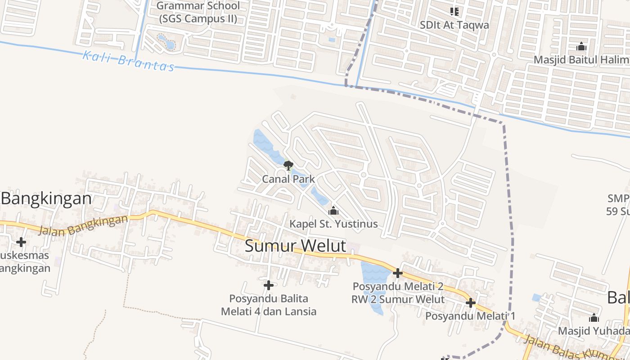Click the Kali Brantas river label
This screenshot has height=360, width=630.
click(129, 61)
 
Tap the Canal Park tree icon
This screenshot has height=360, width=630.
click(288, 166)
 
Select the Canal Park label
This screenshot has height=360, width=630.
click(288, 179)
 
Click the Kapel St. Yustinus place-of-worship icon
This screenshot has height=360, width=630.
click(333, 211)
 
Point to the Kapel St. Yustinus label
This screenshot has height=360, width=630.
click(333, 224)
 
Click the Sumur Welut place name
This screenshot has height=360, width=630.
click(296, 246)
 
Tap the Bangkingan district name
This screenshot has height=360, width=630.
click(46, 198)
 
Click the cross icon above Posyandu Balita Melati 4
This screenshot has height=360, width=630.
click(269, 285)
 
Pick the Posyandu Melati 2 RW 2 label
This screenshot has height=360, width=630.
click(398, 293)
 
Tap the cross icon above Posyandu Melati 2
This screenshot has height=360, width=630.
click(397, 273)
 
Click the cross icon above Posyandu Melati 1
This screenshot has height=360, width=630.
click(471, 303)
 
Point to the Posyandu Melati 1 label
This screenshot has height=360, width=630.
click(470, 316)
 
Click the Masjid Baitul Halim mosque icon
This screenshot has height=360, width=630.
click(581, 46)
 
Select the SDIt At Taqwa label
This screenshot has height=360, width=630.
click(454, 25)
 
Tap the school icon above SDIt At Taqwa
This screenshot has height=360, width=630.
click(454, 11)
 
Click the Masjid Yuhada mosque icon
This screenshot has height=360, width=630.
click(594, 318)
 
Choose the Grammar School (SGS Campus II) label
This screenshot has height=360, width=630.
click(198, 13)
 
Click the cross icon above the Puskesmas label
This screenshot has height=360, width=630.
click(21, 242)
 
